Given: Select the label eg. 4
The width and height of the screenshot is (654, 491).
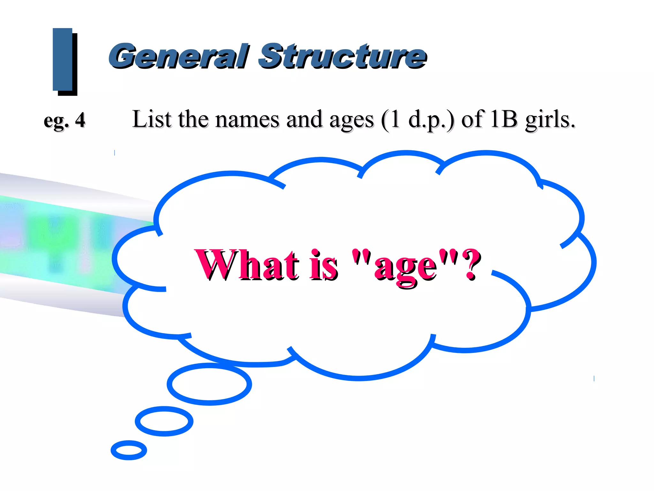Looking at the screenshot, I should tap(65, 121).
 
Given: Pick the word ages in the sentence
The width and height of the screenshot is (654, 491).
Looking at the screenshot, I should tap(351, 121).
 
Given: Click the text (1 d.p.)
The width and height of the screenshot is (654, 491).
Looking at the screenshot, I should tap(418, 120).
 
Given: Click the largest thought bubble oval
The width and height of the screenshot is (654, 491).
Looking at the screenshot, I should tap(209, 384).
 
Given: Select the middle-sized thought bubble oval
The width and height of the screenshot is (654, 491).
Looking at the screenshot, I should tap(164, 421).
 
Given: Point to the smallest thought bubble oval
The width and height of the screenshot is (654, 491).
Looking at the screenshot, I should tap(129, 450).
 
